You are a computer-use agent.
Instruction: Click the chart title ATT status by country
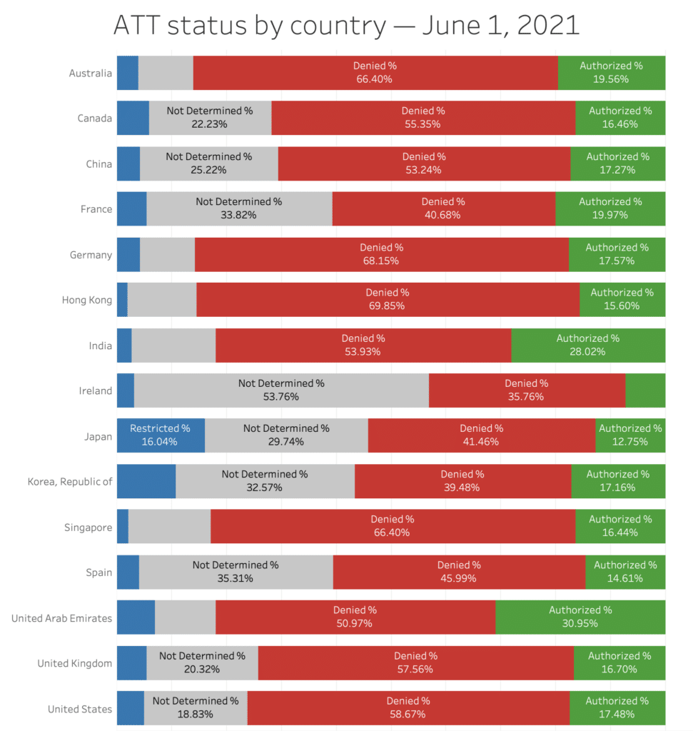click(346, 26)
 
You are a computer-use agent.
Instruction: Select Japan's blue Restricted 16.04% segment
click(161, 435)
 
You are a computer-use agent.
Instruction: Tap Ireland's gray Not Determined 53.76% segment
click(281, 390)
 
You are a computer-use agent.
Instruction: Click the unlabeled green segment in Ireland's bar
click(645, 390)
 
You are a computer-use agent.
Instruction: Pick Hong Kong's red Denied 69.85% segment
click(388, 299)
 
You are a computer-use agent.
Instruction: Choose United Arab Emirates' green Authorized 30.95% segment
click(580, 617)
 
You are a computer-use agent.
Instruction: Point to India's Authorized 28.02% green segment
click(588, 346)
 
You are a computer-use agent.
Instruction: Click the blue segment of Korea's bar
click(146, 481)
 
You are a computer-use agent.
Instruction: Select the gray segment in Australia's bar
click(166, 73)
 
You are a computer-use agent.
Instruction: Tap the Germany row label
click(91, 255)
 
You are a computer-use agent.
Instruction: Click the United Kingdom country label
click(75, 663)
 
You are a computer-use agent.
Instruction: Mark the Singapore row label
click(88, 528)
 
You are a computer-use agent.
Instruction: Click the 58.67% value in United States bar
click(408, 714)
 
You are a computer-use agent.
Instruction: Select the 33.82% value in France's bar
click(238, 215)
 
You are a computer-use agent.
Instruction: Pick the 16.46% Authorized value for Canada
click(619, 124)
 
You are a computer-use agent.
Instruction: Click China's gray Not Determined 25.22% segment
click(208, 163)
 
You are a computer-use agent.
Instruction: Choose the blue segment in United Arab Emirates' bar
click(136, 617)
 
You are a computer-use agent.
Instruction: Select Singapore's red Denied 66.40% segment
click(393, 526)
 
